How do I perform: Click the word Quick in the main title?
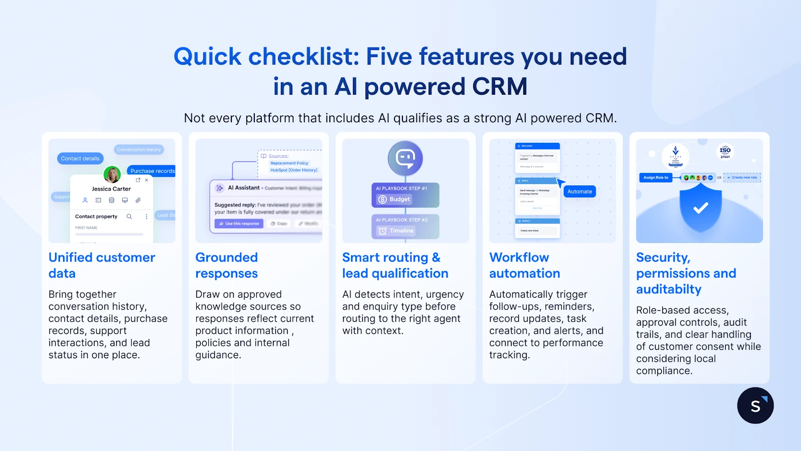point(207,57)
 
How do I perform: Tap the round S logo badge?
point(755,405)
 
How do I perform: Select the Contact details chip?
point(80,158)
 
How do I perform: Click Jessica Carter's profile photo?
point(112,174)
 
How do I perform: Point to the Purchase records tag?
point(152,171)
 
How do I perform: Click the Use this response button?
point(239,223)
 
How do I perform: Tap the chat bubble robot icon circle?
point(405,158)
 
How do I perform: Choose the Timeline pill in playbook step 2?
point(396,231)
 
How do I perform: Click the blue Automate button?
point(579,191)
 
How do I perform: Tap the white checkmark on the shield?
point(700,207)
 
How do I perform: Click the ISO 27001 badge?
point(725,152)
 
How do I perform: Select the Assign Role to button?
point(656,177)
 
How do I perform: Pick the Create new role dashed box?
point(742,177)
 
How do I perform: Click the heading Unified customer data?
point(102,265)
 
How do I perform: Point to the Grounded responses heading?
point(226,265)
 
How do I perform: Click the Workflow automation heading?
point(524,265)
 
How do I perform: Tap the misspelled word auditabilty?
point(668,289)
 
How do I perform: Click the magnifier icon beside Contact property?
point(129,216)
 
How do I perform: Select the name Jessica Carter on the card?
point(111,189)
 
